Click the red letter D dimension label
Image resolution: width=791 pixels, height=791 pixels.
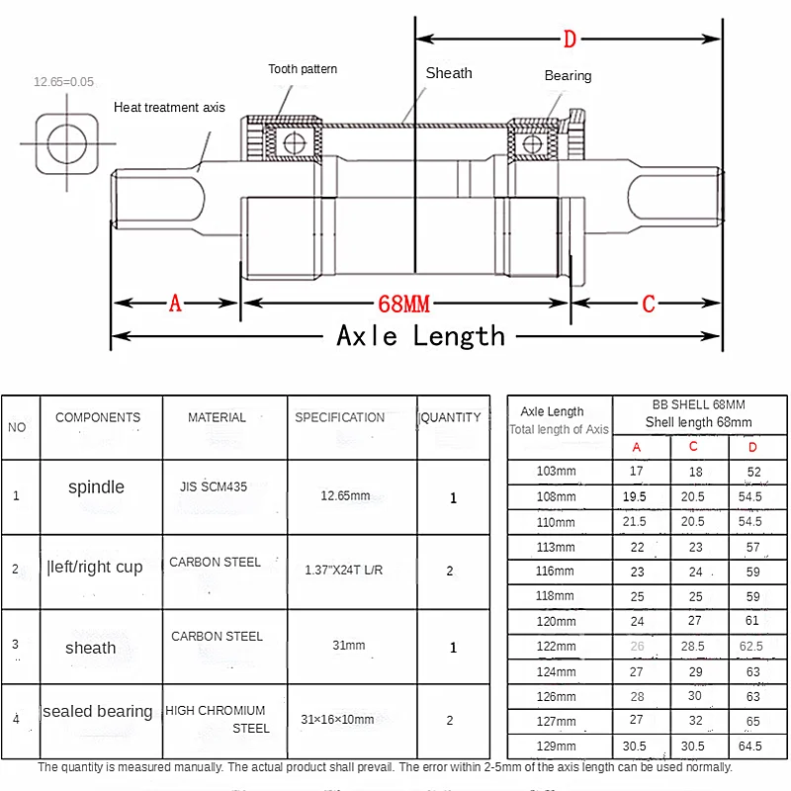click(x=570, y=39)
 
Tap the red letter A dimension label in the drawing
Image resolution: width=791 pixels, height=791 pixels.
click(x=175, y=304)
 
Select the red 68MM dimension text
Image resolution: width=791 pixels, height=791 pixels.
click(x=403, y=305)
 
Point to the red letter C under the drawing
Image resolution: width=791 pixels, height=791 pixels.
click(x=649, y=304)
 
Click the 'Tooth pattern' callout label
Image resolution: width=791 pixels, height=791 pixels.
click(x=303, y=69)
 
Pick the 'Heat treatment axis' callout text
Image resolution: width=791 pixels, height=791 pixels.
click(x=169, y=108)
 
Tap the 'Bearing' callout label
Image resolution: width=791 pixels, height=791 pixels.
click(x=568, y=76)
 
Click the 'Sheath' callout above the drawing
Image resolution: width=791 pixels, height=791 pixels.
click(x=449, y=73)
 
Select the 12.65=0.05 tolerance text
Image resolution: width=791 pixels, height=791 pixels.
click(x=63, y=82)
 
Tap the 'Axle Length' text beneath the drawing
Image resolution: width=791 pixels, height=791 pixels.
click(x=420, y=336)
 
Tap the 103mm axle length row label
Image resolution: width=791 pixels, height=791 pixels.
click(x=556, y=472)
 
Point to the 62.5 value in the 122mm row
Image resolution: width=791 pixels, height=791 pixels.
click(x=751, y=647)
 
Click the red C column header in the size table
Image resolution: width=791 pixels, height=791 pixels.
click(x=693, y=447)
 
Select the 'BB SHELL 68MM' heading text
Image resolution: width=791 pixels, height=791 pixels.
click(x=699, y=404)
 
